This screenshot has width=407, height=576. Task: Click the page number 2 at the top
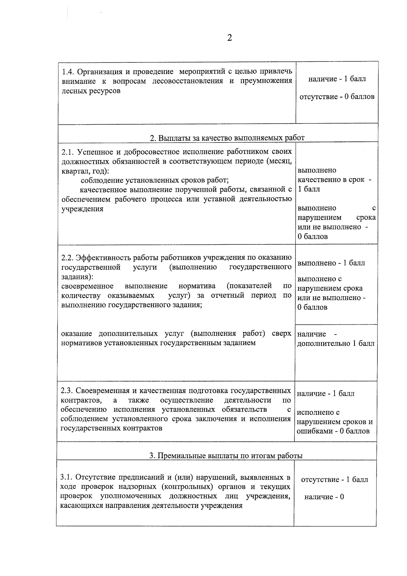(x=230, y=38)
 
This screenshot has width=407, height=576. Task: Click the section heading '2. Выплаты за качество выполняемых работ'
(x=227, y=138)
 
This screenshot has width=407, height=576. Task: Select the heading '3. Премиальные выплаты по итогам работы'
(x=226, y=456)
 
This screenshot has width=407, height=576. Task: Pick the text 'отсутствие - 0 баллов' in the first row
(x=337, y=97)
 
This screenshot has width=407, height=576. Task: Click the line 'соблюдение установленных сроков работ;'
(x=155, y=180)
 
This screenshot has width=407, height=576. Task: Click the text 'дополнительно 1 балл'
(x=336, y=343)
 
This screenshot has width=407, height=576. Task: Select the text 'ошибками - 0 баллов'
(x=333, y=431)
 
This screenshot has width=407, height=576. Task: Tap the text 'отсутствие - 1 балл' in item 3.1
(x=334, y=480)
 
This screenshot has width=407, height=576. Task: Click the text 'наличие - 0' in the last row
(x=324, y=497)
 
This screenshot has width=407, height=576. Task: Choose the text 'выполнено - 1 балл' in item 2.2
(x=331, y=263)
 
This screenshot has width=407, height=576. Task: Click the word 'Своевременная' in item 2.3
(x=99, y=391)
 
